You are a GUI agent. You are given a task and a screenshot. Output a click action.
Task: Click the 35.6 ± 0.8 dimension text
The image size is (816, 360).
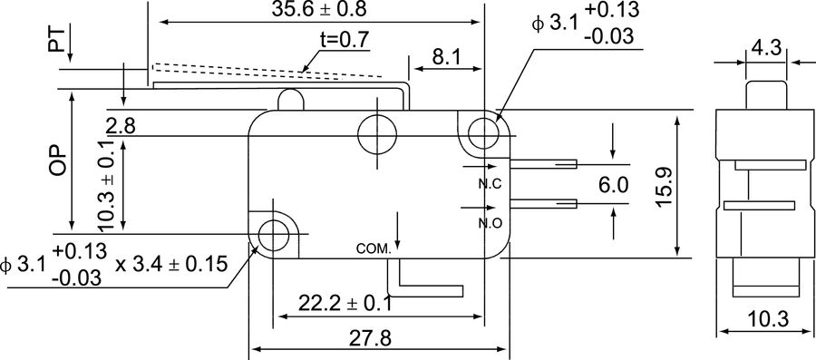tap(319, 9)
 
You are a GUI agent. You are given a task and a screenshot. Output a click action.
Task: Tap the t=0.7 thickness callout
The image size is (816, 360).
tap(344, 40)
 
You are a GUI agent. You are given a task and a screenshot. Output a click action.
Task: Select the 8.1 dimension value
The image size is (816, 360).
tap(445, 57)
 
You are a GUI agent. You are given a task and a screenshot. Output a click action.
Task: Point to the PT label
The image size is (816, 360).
tap(58, 40)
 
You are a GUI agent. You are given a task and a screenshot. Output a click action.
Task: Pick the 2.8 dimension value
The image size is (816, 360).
tap(121, 126)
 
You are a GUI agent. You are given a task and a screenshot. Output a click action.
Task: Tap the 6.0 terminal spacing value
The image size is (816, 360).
tap(613, 185)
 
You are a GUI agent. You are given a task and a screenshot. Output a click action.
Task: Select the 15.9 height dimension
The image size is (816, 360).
tap(665, 187)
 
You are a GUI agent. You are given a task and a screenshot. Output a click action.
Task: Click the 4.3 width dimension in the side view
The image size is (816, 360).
tap(765, 48)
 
